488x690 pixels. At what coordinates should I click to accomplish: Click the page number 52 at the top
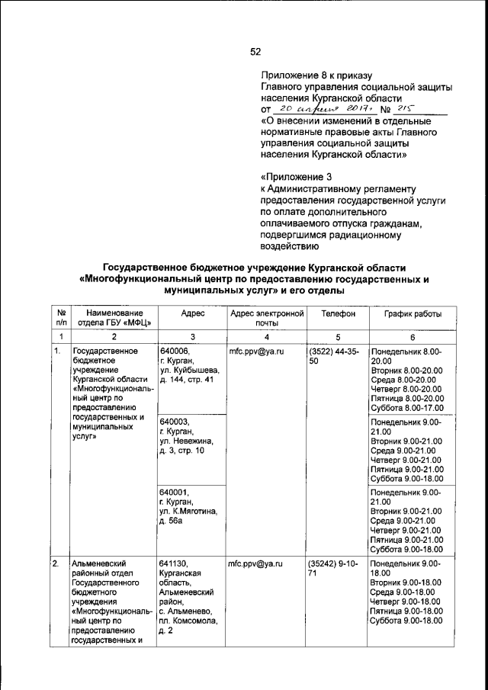(255, 52)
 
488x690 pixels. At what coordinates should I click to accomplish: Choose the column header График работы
(413, 313)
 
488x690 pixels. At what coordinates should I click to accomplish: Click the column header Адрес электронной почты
(267, 318)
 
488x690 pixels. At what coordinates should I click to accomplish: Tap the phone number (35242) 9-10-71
(335, 568)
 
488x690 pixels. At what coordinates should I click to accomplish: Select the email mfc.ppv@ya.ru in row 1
(256, 351)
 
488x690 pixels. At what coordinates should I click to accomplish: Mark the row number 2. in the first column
(56, 563)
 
